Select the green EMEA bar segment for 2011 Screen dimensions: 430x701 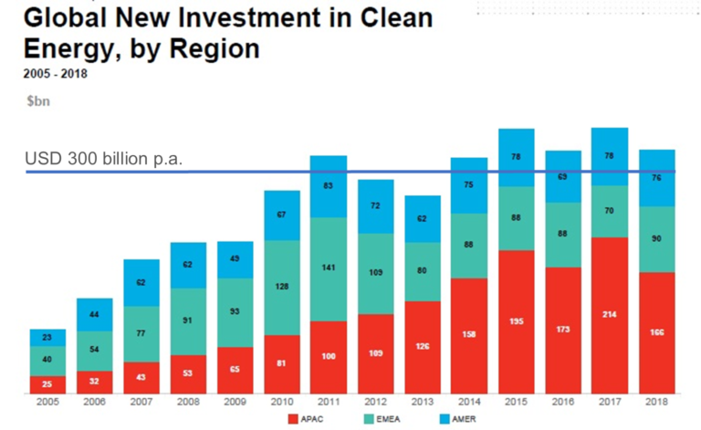click(x=329, y=269)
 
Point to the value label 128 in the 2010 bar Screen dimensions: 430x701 click(x=282, y=287)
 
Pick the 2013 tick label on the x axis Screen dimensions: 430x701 click(x=423, y=402)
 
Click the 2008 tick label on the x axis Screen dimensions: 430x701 click(x=188, y=402)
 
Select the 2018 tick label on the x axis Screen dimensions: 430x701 click(x=656, y=402)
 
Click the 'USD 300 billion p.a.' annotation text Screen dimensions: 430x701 click(x=104, y=160)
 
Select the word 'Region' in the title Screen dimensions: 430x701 click(x=209, y=47)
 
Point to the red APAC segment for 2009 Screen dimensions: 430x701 click(x=235, y=370)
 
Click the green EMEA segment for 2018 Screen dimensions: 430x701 click(x=656, y=239)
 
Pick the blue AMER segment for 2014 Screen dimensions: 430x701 click(x=469, y=185)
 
